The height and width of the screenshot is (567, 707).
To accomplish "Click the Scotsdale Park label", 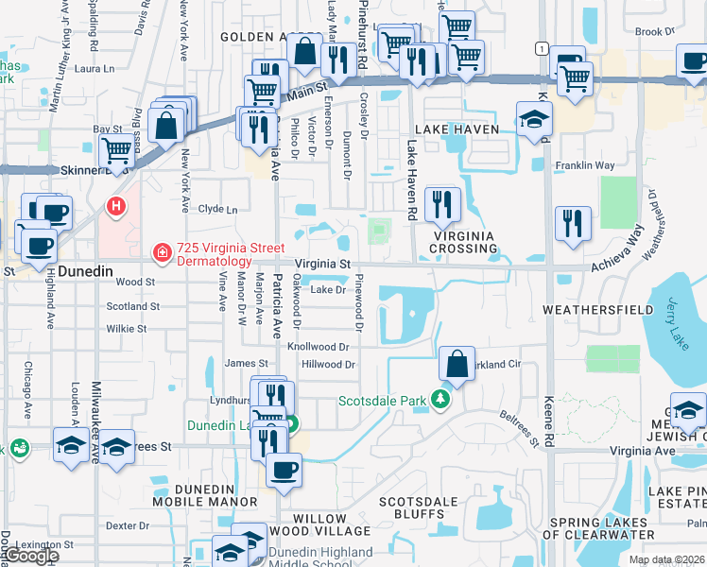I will (x=383, y=400).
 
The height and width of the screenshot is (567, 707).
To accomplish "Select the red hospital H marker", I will (x=116, y=204).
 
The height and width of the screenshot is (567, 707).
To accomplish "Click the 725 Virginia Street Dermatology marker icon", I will (x=162, y=253).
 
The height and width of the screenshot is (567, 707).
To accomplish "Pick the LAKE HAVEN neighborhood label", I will (x=449, y=128).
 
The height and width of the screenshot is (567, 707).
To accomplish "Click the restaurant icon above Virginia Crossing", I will (x=441, y=202).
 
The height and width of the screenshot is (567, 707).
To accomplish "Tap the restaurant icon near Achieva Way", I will (x=573, y=223).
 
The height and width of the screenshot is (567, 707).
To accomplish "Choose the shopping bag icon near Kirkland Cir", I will (x=457, y=363).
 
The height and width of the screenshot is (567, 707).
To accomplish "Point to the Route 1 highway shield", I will (x=540, y=48).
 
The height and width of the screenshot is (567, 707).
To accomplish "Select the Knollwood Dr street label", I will (x=318, y=348).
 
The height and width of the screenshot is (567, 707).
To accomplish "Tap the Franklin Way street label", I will (x=586, y=164).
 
